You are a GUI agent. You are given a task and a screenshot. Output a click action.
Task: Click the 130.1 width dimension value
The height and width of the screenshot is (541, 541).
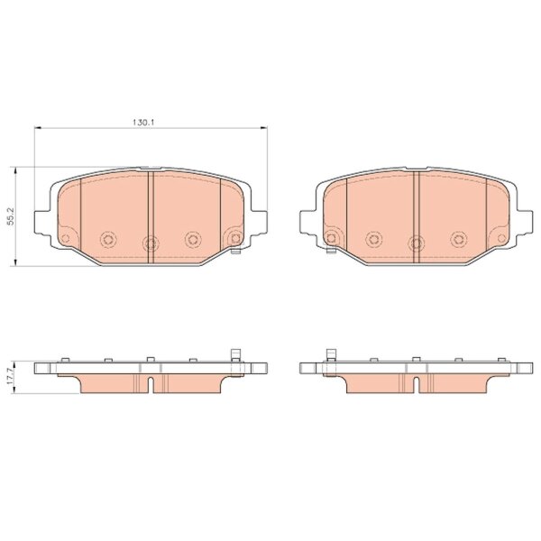click(x=143, y=122)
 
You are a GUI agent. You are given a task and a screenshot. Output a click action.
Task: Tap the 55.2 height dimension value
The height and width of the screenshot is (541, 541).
click(x=11, y=216)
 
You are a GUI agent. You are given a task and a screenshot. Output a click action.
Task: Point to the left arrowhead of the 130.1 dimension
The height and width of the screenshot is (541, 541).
click(x=38, y=128)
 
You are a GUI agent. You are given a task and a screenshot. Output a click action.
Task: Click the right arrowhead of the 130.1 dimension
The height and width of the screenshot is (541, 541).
click(x=263, y=128)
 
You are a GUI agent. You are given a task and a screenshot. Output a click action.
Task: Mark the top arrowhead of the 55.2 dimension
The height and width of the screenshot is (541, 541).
click(x=14, y=170)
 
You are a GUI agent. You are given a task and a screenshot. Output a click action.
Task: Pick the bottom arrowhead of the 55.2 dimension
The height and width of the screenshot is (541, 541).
click(x=14, y=262)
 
